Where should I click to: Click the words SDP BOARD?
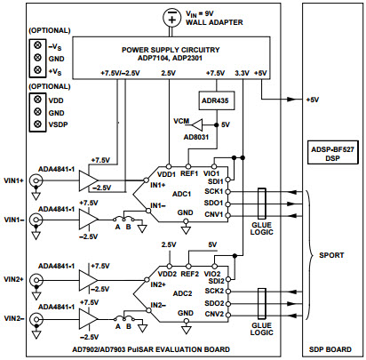pyautogui.click(x=330, y=348)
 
